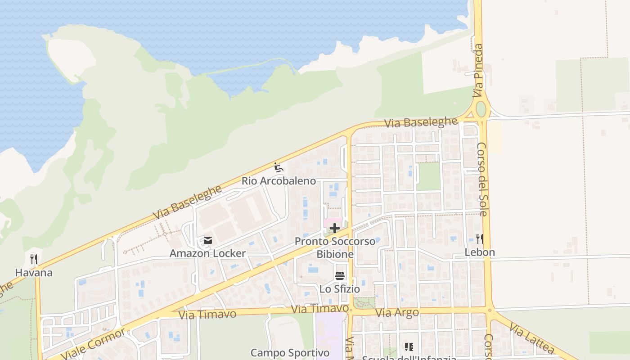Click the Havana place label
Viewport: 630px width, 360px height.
pyautogui.click(x=34, y=273)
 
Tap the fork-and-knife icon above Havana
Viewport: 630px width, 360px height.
pyautogui.click(x=34, y=259)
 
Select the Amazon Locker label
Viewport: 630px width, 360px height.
pyautogui.click(x=207, y=253)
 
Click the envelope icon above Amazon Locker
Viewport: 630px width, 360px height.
pyautogui.click(x=207, y=240)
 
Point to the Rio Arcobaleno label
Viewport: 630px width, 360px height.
pyautogui.click(x=279, y=181)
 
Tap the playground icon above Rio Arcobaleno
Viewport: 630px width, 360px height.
pyautogui.click(x=279, y=168)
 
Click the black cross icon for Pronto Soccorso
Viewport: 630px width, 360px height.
pyautogui.click(x=334, y=228)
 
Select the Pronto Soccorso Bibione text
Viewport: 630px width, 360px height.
pyautogui.click(x=335, y=248)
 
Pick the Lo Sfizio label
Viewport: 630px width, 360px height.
pyautogui.click(x=340, y=289)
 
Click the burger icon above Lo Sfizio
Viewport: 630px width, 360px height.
pyautogui.click(x=340, y=276)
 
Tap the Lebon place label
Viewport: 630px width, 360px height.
pyautogui.click(x=480, y=252)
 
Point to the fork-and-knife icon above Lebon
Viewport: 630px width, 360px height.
pyautogui.click(x=480, y=238)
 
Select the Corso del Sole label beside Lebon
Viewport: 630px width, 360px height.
pyautogui.click(x=482, y=179)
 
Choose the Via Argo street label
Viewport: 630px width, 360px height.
pyautogui.click(x=397, y=313)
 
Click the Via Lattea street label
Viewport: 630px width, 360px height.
pyautogui.click(x=532, y=337)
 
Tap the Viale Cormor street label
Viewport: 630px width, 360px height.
pyautogui.click(x=93, y=344)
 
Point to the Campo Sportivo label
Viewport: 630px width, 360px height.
pyautogui.click(x=290, y=353)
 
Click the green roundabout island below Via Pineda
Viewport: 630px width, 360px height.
pyautogui.click(x=481, y=109)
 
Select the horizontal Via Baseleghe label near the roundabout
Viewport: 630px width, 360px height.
pyautogui.click(x=421, y=122)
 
